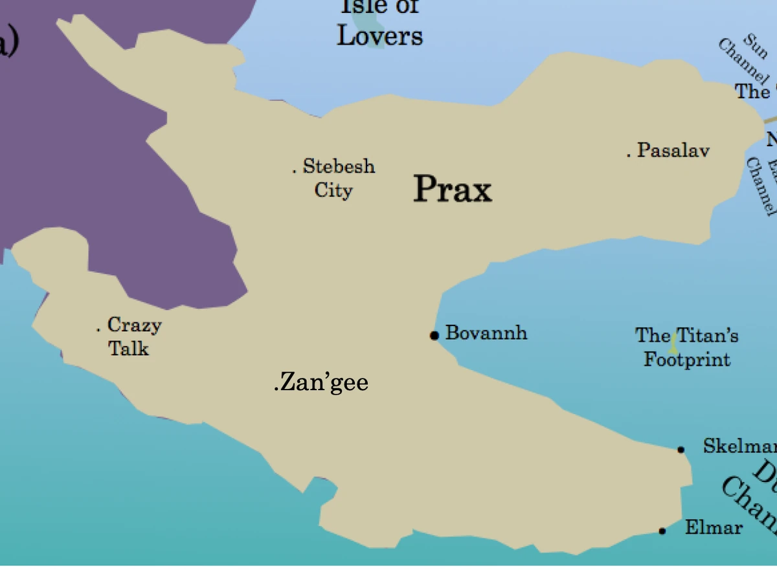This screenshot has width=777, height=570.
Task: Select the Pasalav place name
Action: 673,151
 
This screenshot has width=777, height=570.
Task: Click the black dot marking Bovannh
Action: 434,335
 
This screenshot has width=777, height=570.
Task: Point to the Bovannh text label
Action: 486,333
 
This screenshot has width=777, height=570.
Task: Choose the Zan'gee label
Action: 322,382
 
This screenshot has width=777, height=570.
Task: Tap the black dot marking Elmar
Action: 662,531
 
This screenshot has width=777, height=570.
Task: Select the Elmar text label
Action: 714,527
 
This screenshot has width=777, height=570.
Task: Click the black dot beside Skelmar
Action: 681,450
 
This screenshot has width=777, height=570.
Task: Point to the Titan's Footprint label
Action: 687,347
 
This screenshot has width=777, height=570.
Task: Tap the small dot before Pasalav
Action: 628,155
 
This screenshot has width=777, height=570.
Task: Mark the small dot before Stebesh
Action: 295,171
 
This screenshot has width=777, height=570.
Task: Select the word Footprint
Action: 687,359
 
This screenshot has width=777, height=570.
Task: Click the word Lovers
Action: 380,36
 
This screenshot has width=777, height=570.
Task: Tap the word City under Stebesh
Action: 333,191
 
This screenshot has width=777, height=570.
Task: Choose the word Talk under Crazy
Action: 128,349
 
